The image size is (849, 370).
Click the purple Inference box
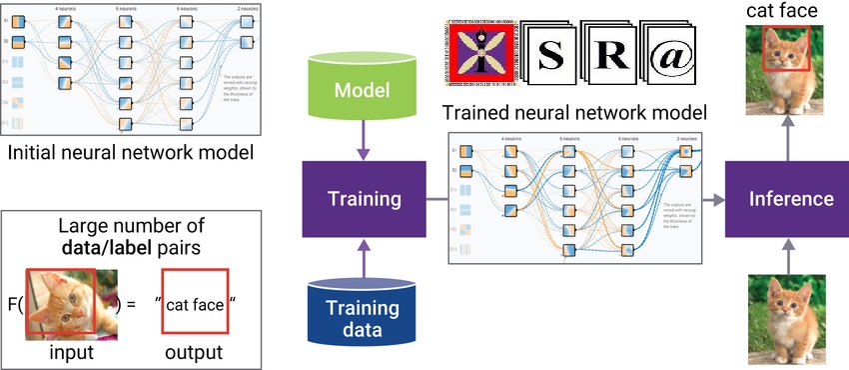coord(791,199)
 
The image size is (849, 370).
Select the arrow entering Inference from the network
coord(711,199)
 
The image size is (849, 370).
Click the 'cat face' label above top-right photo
coord(786,12)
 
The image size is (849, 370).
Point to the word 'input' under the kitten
coord(72,353)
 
